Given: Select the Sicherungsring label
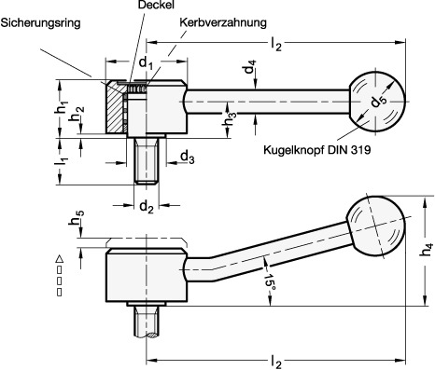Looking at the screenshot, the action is [x=41, y=23].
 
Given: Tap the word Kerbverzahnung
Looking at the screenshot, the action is [x=223, y=22].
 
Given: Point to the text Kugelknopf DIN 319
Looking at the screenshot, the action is [x=317, y=150].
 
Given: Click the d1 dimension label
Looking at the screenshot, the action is [x=146, y=63].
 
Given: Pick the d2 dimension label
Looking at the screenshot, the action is [x=147, y=206].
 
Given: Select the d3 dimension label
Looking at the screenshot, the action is [x=188, y=157].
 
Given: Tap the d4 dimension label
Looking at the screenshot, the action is [x=250, y=66].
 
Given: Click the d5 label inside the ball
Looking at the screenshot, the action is [x=378, y=102].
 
